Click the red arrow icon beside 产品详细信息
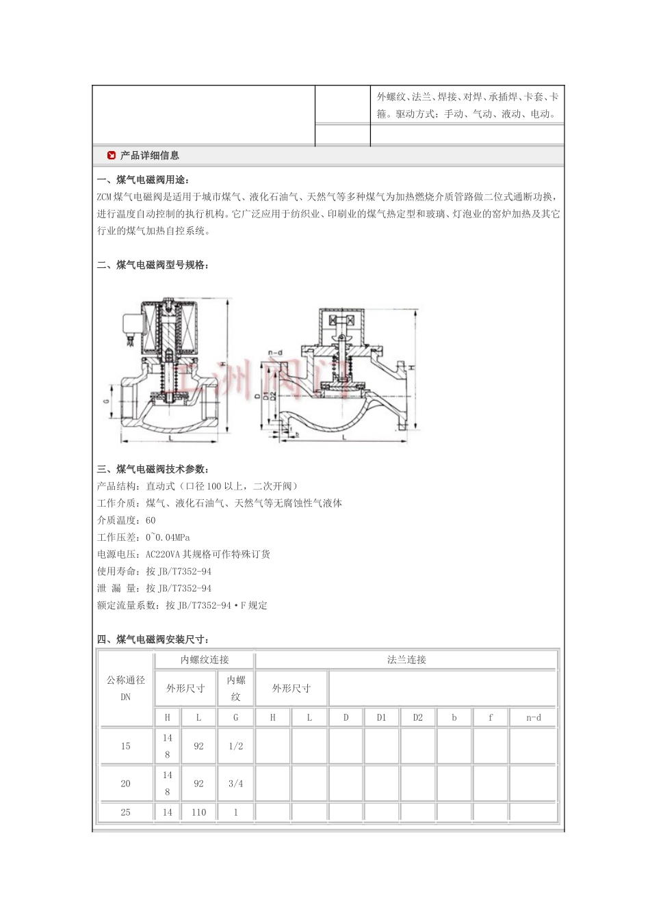[112, 156]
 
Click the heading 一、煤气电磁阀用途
[151, 180]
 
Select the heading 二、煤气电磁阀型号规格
[153, 265]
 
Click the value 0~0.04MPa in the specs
[168, 537]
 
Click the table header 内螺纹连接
[205, 660]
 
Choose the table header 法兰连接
[406, 660]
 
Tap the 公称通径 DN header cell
[126, 688]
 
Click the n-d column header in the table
[533, 717]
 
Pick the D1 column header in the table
[381, 717]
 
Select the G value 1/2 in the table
[235, 746]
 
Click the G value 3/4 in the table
[235, 784]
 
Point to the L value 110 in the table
[198, 812]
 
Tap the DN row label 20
[126, 784]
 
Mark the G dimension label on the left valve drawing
[107, 403]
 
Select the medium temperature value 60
[151, 520]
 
